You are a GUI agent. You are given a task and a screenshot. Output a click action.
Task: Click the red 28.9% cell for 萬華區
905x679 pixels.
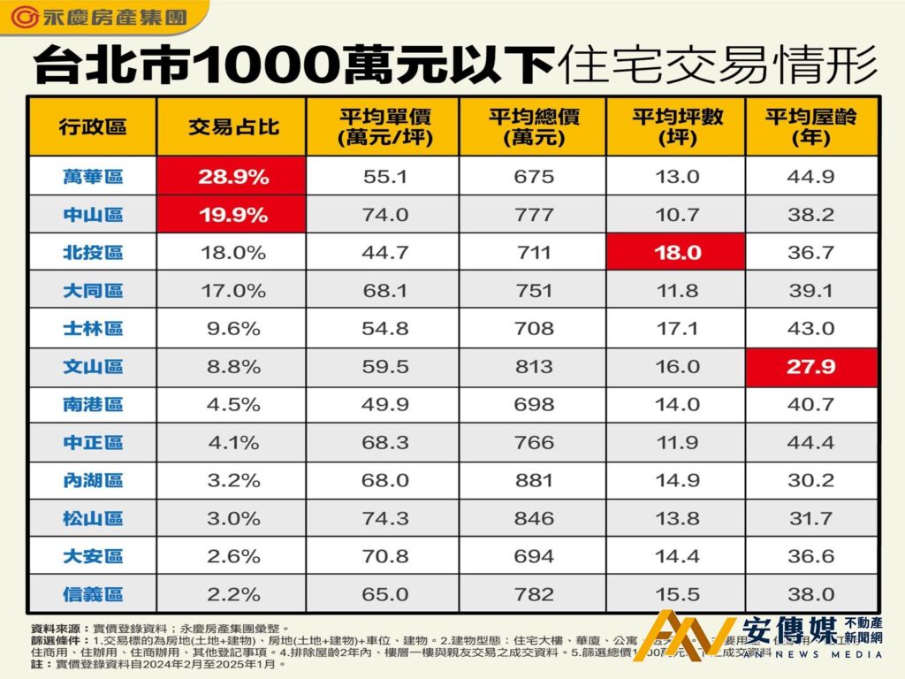tap(232, 177)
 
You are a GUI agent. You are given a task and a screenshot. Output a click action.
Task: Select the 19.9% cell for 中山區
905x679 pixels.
tap(232, 215)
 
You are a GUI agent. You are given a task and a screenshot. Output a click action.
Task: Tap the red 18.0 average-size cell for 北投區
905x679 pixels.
tap(676, 253)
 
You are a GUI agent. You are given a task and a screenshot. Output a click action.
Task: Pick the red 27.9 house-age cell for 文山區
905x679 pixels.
tap(811, 367)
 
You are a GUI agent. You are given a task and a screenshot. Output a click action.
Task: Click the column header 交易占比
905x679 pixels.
tap(232, 126)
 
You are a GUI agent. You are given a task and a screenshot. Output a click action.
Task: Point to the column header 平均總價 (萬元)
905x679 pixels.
tap(533, 126)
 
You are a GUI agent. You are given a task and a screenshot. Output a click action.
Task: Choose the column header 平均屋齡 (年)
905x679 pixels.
tap(811, 126)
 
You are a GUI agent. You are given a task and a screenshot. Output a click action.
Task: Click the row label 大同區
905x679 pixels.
tap(93, 291)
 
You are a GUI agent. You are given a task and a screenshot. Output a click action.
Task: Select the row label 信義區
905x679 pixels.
tap(93, 595)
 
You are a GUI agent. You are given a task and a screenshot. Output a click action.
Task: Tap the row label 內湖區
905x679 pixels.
tap(93, 481)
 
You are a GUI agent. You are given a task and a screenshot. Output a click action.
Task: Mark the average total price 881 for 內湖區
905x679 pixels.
tap(533, 481)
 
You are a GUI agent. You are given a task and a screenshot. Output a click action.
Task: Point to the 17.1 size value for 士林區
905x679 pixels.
tap(676, 329)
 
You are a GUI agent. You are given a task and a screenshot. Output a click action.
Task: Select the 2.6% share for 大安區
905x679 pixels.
tap(232, 557)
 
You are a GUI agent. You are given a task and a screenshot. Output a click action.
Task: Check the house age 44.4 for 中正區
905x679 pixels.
tap(811, 443)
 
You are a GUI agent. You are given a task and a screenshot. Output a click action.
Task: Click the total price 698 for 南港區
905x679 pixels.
tap(533, 405)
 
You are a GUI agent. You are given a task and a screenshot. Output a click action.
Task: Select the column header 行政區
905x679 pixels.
tap(93, 126)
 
